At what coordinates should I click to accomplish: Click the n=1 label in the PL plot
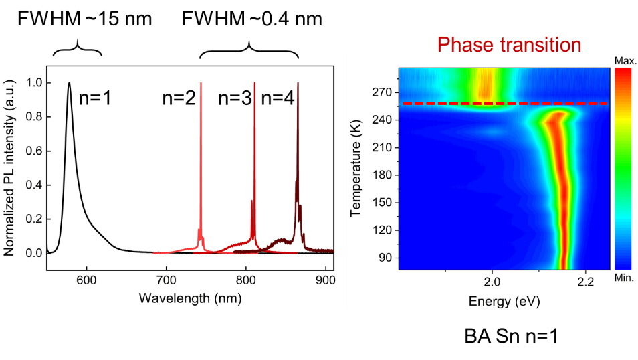click(x=94, y=98)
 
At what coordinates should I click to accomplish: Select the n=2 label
click(x=179, y=98)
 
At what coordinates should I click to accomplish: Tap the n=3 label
click(x=235, y=98)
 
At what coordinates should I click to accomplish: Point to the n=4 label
click(x=277, y=98)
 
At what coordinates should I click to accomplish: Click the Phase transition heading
click(x=509, y=46)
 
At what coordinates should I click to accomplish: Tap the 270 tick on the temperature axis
click(x=382, y=92)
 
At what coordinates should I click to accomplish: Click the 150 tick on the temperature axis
click(x=382, y=203)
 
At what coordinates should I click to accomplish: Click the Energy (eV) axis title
click(x=504, y=301)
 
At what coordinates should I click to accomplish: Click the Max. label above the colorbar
click(x=624, y=62)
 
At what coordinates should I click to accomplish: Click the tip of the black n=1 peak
click(x=69, y=84)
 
